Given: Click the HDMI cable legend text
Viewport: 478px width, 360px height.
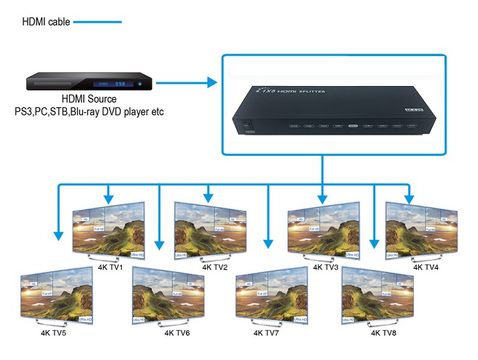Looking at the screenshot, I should pos(46,22).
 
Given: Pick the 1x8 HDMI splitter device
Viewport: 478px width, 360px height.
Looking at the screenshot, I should pos(335,110).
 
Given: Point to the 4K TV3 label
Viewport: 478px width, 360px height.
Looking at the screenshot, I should pos(325,267).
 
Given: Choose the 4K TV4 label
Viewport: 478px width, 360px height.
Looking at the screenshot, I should pos(426,267).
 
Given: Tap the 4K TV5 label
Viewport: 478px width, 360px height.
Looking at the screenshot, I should pos(52,333).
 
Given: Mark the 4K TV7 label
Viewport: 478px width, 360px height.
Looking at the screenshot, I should pos(267,333).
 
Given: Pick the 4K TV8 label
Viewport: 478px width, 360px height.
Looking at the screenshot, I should pos(384,333).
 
